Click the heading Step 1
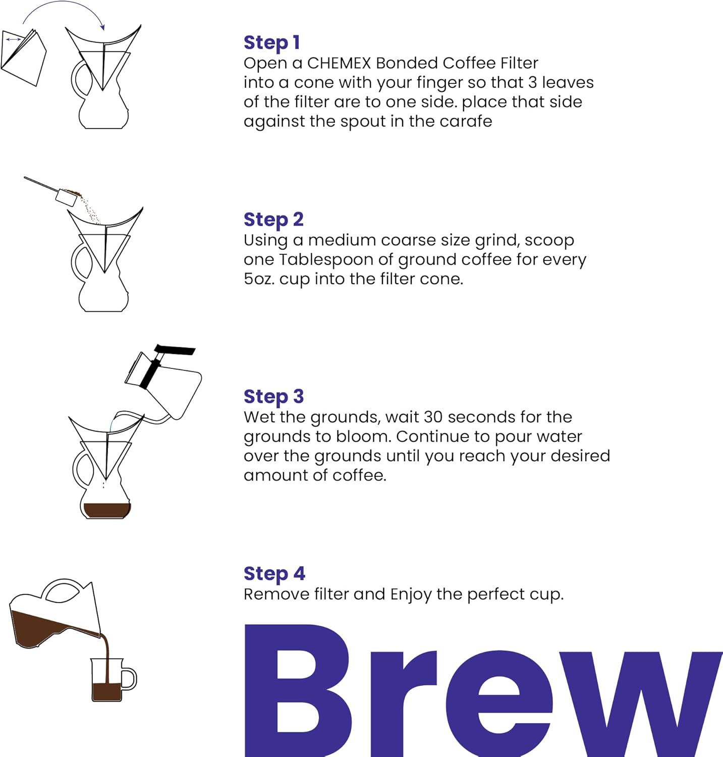click(x=271, y=42)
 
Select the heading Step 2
click(x=273, y=220)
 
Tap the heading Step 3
click(x=273, y=397)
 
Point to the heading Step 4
click(x=274, y=574)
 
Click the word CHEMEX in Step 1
click(x=339, y=63)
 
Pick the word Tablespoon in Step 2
click(x=326, y=259)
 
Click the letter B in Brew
click(x=298, y=691)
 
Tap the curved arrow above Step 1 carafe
click(x=63, y=10)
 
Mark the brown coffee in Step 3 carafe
click(x=106, y=510)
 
